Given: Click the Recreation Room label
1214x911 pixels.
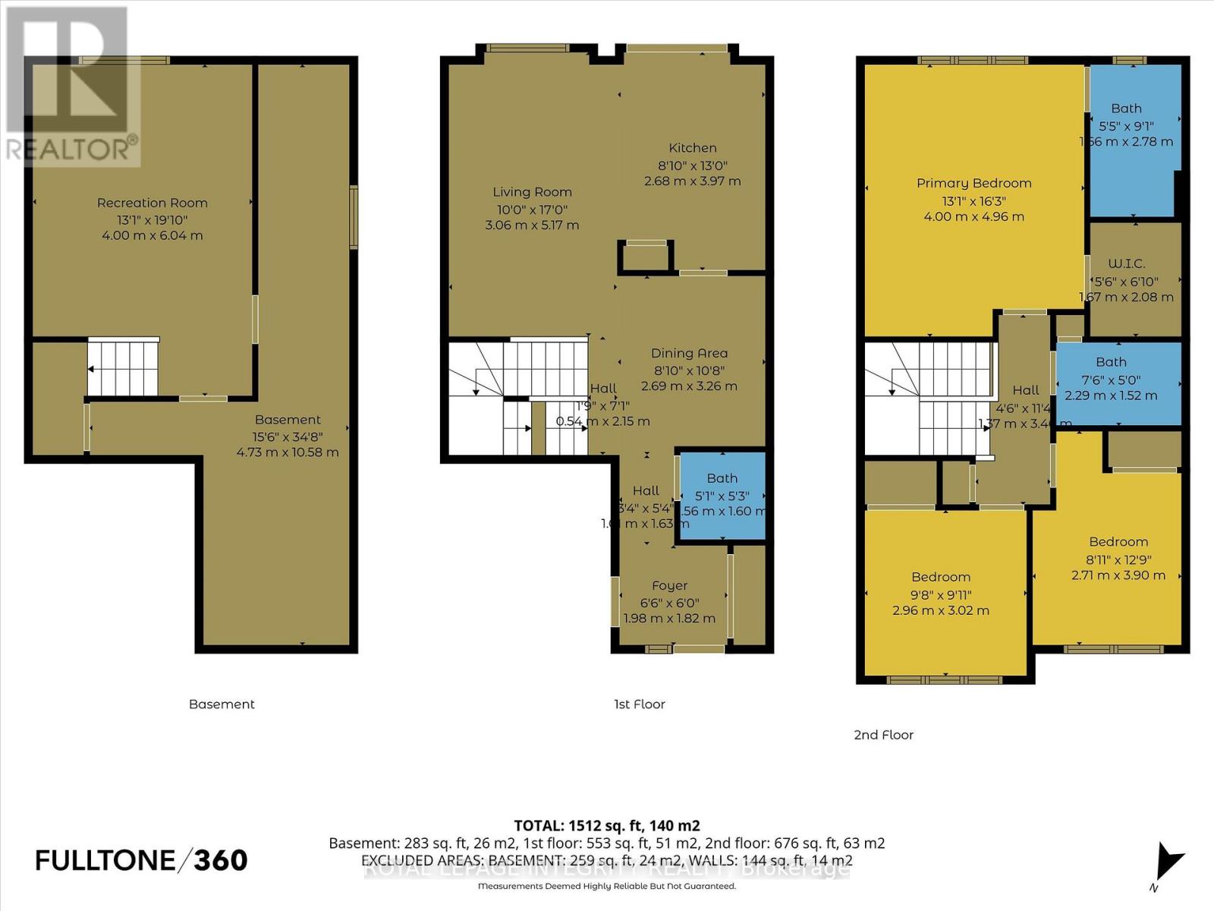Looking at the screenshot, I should [152, 203].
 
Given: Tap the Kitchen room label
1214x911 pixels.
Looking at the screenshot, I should [692, 148].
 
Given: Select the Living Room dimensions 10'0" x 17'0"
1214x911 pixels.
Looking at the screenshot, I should [532, 210].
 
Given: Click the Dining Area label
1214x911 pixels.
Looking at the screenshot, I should [689, 353].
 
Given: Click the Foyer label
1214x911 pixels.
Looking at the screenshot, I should [669, 585].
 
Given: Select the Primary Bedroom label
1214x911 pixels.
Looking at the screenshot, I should [973, 183].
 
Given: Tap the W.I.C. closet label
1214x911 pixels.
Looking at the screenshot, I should [1126, 263].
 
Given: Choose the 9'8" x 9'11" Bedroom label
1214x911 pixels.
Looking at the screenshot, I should [941, 577].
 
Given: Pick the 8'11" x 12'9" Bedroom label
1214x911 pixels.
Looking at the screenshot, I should [1118, 541].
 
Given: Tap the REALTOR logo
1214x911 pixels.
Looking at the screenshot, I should [72, 87].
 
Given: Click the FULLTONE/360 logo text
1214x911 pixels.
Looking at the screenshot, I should [142, 860].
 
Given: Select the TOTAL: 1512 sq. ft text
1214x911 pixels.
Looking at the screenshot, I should [606, 825].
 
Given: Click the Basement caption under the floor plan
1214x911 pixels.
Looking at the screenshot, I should [222, 705].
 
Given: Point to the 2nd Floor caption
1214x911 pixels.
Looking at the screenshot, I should [884, 735].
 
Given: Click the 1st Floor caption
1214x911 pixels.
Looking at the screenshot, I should [640, 705].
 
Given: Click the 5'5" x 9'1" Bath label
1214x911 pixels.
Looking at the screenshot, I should [1126, 109].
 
